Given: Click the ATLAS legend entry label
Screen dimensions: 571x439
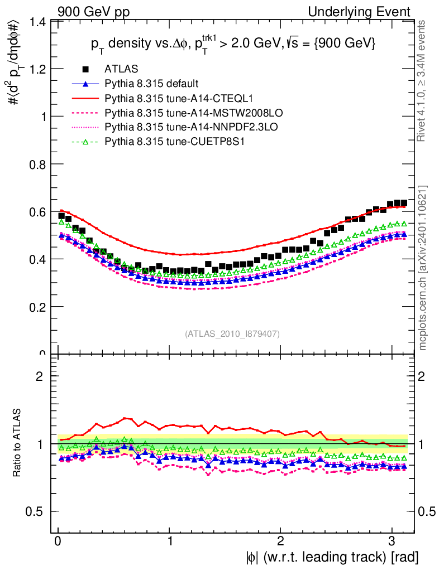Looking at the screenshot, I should (x=118, y=69).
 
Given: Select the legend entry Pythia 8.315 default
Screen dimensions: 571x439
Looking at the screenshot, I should (x=151, y=84).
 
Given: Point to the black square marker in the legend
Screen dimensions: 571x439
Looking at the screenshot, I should (x=85, y=69).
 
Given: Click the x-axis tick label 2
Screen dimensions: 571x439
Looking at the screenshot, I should (x=281, y=541).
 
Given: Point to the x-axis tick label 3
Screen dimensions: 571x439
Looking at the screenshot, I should (x=392, y=541).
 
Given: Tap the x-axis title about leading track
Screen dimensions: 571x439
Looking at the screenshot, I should (x=331, y=557).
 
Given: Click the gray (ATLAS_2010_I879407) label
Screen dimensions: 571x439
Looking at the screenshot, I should (x=232, y=333).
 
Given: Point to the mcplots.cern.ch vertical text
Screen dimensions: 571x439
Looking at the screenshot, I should (x=424, y=268).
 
